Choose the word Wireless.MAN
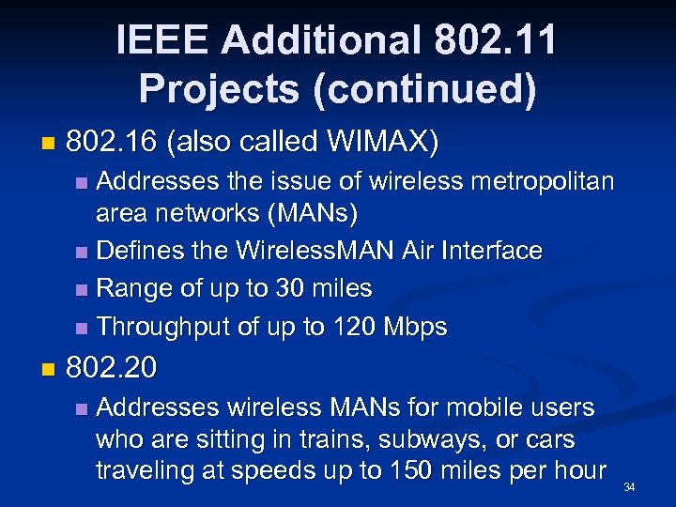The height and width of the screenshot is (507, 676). coord(306,252)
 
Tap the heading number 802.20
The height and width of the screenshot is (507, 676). coord(112,367)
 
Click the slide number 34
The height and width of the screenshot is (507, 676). coord(629,486)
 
